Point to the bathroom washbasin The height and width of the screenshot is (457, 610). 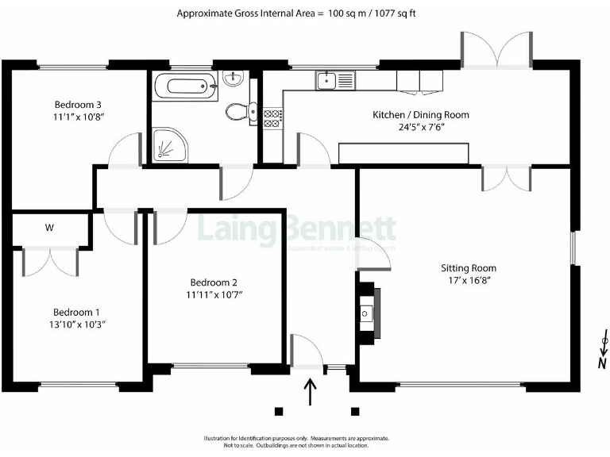(x=234, y=79)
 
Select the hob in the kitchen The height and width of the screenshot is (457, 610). (x=272, y=118)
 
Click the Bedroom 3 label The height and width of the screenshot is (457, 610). (x=77, y=104)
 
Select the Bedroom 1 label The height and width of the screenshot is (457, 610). (x=77, y=312)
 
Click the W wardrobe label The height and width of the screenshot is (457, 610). (x=49, y=228)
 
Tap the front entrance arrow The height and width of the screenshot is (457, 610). (x=310, y=391)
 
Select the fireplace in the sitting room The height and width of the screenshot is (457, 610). (x=368, y=313)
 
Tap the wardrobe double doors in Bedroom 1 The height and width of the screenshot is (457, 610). (x=50, y=261)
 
